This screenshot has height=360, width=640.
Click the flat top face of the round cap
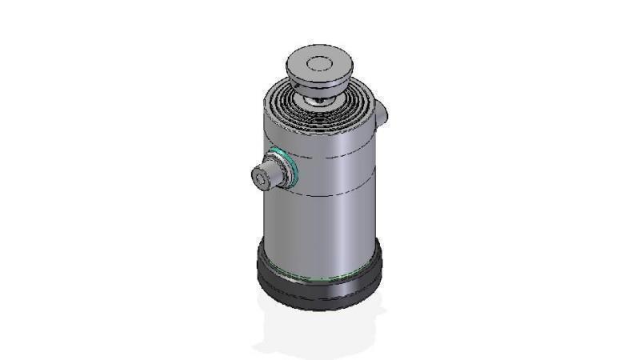(318, 63)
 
